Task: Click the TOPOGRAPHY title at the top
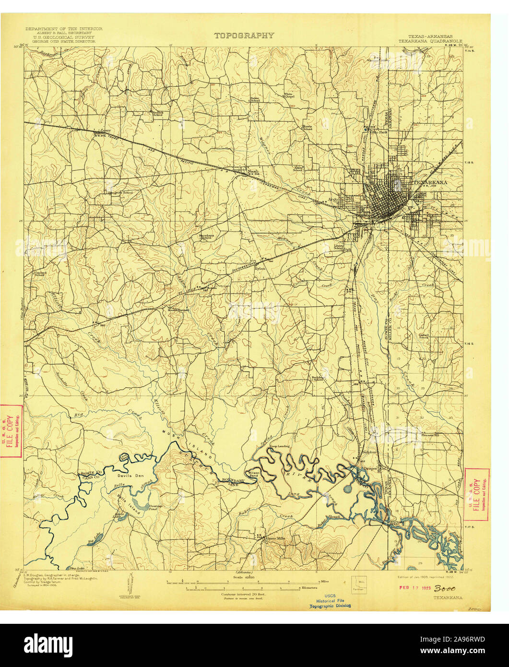(244, 35)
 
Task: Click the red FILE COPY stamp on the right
(477, 494)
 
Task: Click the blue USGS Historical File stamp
(330, 601)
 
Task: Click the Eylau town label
(260, 268)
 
